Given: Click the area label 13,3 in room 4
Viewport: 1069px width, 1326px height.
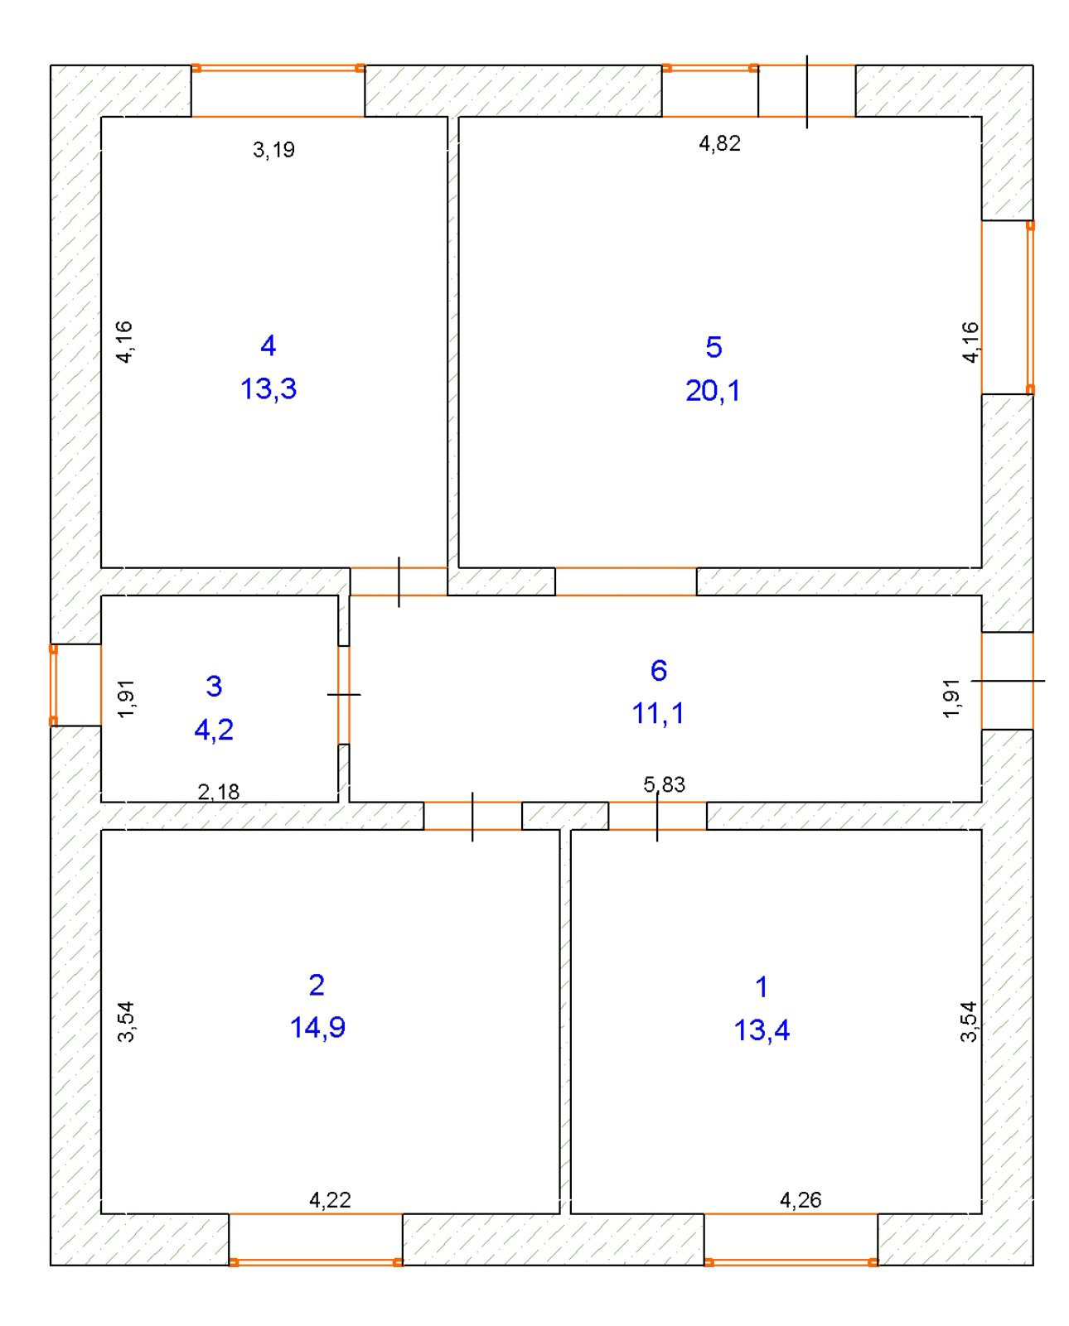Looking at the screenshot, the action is (x=268, y=389).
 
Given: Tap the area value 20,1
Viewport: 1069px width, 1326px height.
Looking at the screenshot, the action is (x=713, y=391).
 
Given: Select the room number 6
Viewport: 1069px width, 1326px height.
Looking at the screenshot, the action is (x=659, y=670).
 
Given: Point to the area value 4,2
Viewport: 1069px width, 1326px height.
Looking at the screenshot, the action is (x=214, y=731).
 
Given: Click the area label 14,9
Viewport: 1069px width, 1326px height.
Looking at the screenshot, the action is (x=317, y=1027).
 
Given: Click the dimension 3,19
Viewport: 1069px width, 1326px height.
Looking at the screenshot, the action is (x=273, y=150).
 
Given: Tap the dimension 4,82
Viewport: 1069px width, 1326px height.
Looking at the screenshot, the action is (x=719, y=143).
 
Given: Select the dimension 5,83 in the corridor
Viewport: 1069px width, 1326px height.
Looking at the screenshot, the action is (x=664, y=784).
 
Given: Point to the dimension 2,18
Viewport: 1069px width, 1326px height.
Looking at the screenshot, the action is (x=218, y=792).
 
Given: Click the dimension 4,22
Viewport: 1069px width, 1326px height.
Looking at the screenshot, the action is (x=330, y=1199).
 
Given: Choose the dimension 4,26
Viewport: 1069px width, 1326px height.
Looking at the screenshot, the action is (x=801, y=1199).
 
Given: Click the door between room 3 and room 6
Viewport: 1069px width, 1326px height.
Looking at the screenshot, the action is (x=344, y=694).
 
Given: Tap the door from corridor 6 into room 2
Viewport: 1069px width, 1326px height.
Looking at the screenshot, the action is (x=473, y=816).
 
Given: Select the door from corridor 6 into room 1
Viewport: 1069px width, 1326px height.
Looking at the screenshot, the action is (x=657, y=816).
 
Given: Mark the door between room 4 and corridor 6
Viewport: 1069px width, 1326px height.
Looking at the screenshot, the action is (x=399, y=581).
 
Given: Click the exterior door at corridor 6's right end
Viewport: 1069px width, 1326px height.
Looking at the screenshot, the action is (x=1008, y=681).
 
